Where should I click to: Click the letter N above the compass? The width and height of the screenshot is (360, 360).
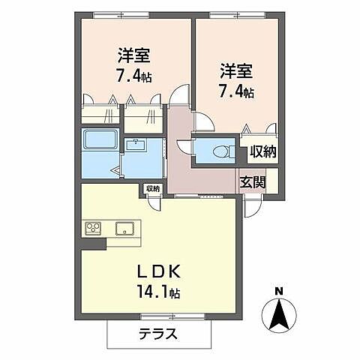279,292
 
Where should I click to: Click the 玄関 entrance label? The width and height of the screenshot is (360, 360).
251,181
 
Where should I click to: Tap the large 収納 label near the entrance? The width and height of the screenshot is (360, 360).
263,152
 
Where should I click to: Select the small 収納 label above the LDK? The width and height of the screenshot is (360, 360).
153,188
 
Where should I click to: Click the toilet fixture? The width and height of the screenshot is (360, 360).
219,151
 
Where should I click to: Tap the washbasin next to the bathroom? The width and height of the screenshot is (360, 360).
136,145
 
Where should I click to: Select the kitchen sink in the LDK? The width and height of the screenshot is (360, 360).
123,227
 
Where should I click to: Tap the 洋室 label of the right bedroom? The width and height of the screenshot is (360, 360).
235,73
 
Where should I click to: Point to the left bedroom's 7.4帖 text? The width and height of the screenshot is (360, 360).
133,76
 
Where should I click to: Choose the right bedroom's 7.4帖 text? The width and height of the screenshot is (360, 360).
236,92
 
